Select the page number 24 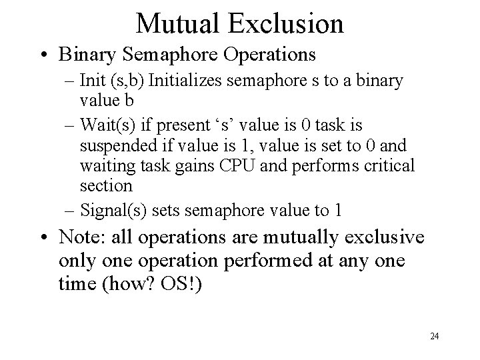click(x=435, y=335)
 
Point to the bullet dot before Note click(x=45, y=237)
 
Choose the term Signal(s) click(x=110, y=211)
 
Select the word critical click(x=391, y=165)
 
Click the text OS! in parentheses click(x=188, y=282)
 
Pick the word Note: click(x=82, y=237)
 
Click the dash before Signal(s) click(x=71, y=211)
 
